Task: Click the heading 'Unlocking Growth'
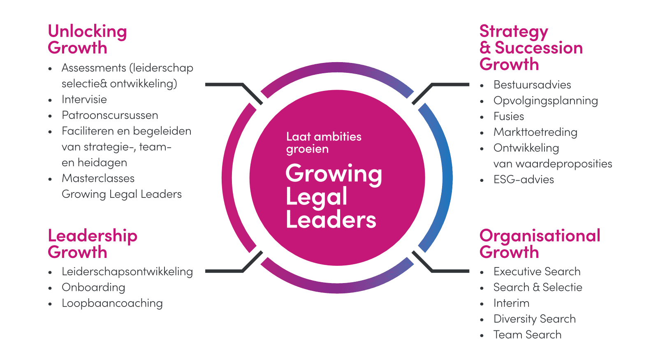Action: pos(87,39)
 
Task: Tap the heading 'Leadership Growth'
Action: pos(93,244)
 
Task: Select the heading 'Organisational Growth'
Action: pos(540,244)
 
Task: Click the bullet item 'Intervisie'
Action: pos(84,100)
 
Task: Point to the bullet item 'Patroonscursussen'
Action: pos(110,115)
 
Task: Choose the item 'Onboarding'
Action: pos(93,288)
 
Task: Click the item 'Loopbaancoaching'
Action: pos(112,303)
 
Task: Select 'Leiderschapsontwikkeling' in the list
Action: pos(127,272)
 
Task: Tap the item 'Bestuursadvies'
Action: pos(532,85)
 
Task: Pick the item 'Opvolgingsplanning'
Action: pos(546,101)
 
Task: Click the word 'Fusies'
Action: pos(509,116)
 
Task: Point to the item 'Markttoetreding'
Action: pos(535,132)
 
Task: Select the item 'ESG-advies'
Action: pos(524,180)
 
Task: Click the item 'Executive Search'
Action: pos(537,272)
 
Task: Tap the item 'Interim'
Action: pos(511,303)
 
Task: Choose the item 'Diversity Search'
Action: pos(535,319)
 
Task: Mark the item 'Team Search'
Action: pos(527,335)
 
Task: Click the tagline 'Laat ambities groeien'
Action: pos(324,142)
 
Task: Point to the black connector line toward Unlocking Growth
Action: pos(230,85)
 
